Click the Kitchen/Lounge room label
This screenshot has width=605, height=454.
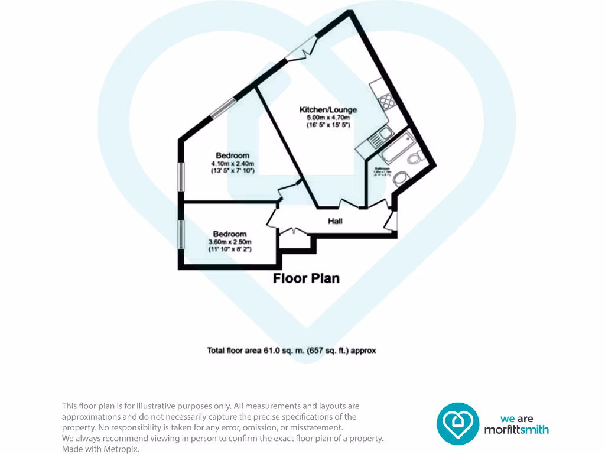(x=328, y=110)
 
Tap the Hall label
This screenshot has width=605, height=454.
(x=335, y=221)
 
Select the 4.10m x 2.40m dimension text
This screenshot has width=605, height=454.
(x=232, y=164)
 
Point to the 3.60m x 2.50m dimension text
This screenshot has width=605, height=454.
(x=230, y=241)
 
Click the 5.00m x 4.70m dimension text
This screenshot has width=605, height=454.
(x=328, y=118)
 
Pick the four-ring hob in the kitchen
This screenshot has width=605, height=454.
(x=387, y=102)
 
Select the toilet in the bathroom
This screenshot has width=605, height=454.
(x=415, y=158)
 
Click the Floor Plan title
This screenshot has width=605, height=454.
(x=306, y=278)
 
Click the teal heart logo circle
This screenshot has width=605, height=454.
(x=458, y=423)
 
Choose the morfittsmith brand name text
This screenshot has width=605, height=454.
(x=516, y=430)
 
